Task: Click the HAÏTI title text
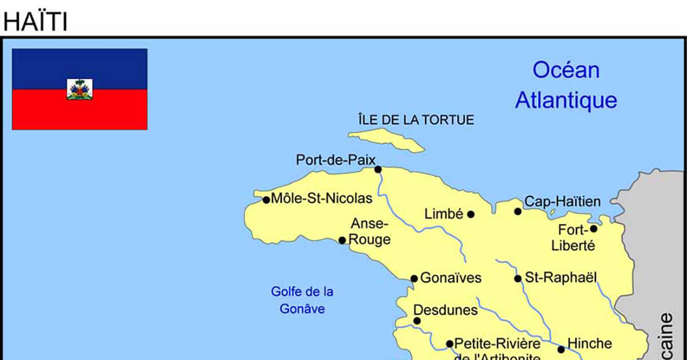(x=35, y=22)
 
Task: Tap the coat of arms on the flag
(x=80, y=89)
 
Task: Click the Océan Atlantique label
(x=566, y=85)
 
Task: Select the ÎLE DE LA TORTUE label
(x=416, y=120)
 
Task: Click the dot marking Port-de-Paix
(x=378, y=169)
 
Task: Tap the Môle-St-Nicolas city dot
(x=266, y=200)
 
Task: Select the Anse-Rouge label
(x=370, y=231)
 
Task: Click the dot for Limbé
(x=471, y=215)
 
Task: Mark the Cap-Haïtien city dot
(x=518, y=211)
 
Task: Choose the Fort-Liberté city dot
(x=594, y=228)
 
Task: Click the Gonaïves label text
(x=451, y=278)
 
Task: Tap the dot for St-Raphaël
(x=518, y=279)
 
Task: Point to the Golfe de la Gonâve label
(x=302, y=300)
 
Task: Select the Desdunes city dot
(x=417, y=321)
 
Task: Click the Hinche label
(x=589, y=343)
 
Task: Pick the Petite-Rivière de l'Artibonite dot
(x=449, y=344)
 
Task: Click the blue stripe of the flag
(x=80, y=63)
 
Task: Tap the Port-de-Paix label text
(x=335, y=160)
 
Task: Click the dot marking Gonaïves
(x=414, y=279)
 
